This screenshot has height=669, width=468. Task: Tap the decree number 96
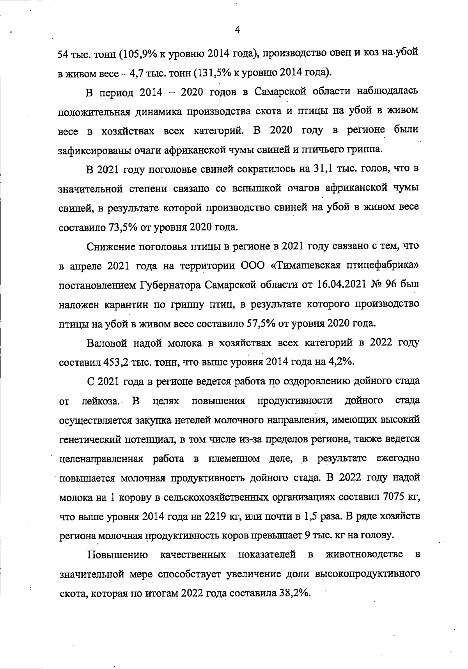tap(391, 285)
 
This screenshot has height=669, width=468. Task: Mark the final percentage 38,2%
tap(294, 593)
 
